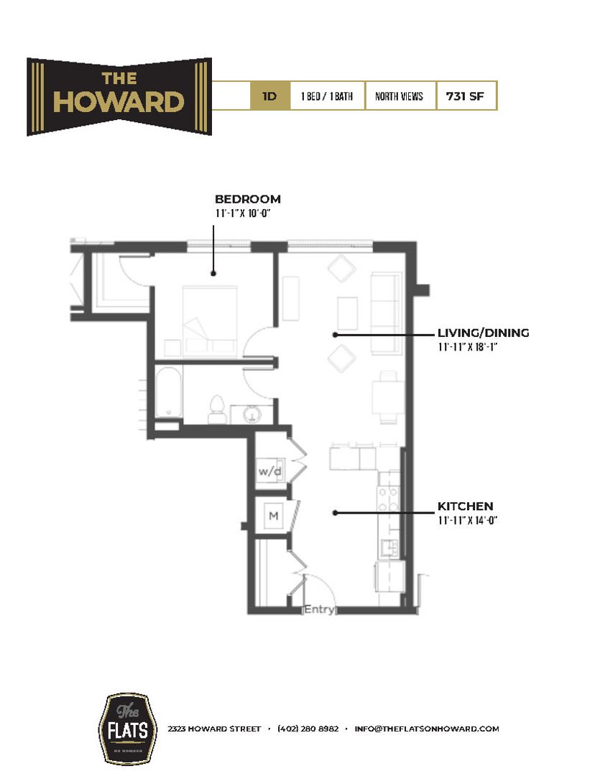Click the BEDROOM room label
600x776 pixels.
coord(248,199)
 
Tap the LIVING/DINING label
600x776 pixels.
coord(483,333)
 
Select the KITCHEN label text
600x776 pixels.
coord(465,507)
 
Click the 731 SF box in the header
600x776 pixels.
coord(466,96)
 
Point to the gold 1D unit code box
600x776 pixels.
coord(270,96)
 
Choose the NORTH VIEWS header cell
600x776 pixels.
coord(400,96)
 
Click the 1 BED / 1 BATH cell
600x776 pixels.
coord(327,96)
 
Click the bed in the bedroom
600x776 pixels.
coord(210,316)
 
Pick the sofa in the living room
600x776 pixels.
coord(385,313)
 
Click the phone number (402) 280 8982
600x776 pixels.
coord(308,729)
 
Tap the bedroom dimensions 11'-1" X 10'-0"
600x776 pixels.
coord(246,213)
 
